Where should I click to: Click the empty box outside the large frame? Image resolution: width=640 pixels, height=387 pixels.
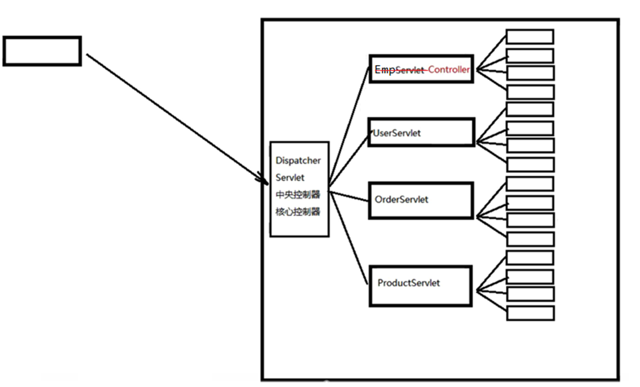(42, 51)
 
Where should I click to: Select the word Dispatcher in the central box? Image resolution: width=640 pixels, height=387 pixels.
(298, 161)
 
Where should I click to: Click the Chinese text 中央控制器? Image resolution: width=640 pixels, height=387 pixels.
(298, 195)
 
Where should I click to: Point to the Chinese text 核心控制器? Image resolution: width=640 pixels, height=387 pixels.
(298, 212)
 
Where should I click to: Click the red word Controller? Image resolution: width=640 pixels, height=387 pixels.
(449, 70)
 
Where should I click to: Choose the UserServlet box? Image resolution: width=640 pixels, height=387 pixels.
(421, 133)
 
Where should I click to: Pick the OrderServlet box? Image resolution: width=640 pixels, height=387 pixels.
(421, 200)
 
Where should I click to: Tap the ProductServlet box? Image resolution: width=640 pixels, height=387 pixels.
(421, 285)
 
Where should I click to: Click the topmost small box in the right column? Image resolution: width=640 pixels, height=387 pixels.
(530, 37)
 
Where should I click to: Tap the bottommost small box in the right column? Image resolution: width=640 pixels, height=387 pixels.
(530, 313)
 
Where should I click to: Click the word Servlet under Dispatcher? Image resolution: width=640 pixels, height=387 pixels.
(290, 178)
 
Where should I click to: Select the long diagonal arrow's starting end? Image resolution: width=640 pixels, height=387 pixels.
(88, 56)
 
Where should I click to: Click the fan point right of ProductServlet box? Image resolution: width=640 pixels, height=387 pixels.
(477, 291)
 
